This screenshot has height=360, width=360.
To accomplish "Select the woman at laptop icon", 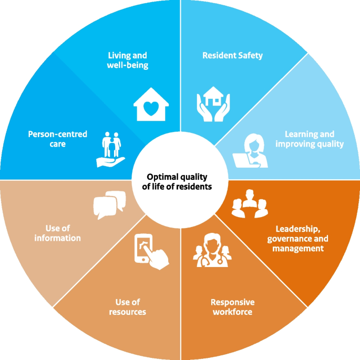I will click(251, 151).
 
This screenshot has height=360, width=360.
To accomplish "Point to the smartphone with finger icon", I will click(152, 251).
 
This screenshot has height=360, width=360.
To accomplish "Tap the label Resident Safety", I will click(232, 55).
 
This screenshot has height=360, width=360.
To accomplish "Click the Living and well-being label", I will click(127, 60).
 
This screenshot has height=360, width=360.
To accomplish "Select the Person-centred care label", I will click(57, 139).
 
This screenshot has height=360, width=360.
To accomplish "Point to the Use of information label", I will click(57, 233).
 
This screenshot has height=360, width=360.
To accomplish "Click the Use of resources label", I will click(127, 307).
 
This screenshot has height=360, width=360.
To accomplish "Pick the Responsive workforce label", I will click(232, 307).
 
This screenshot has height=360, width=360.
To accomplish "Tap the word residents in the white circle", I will click(196, 186).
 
